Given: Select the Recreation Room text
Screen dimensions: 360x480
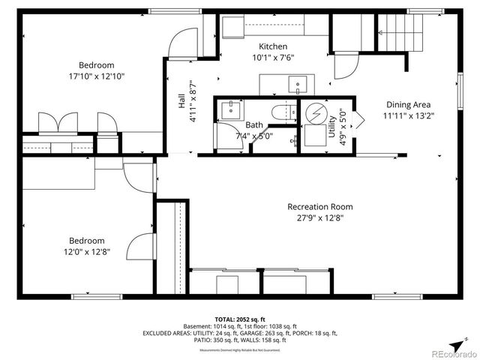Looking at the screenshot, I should (320, 207).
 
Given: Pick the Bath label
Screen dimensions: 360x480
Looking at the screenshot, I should (254, 125).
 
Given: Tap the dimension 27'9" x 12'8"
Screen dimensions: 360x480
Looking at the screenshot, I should (320, 218).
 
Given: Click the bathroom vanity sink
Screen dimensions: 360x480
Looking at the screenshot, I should (229, 109).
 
